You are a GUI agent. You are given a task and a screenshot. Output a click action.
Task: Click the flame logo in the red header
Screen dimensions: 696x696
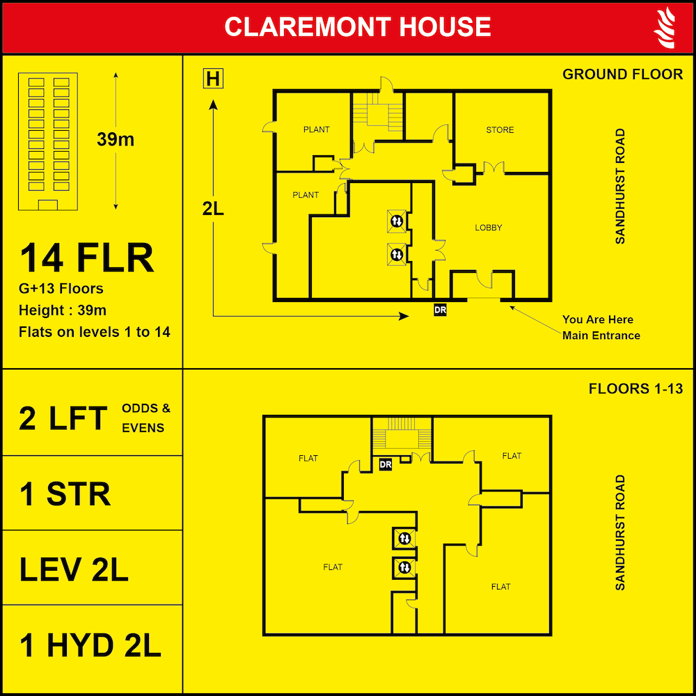point(665,27)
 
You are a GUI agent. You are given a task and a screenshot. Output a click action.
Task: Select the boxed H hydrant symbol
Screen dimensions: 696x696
point(212,79)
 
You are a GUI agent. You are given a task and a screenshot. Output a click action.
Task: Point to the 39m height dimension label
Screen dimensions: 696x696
point(116,139)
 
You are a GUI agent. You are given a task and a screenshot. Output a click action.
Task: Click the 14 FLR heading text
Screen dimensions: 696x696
point(87,258)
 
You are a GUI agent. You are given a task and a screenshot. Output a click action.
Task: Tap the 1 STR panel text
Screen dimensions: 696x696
point(65,493)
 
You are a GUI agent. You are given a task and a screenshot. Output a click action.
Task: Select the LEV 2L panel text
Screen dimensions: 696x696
point(74,569)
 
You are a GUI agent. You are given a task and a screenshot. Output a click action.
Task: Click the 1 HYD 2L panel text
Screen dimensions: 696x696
point(90,646)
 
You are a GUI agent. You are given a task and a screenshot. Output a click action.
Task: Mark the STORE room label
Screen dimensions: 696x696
point(500,130)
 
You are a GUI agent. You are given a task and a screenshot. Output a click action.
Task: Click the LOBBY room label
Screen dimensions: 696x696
point(488,228)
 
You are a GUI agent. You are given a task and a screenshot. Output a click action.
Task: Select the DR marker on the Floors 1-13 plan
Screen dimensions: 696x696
point(385,464)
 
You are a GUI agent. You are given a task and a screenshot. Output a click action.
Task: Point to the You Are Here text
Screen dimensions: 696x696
point(597,319)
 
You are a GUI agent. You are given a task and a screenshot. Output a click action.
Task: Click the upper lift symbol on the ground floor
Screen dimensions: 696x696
point(396,221)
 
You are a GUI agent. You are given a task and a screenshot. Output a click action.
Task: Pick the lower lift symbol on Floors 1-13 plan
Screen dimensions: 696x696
point(404,568)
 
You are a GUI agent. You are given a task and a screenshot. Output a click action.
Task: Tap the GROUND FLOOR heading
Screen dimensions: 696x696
point(622,74)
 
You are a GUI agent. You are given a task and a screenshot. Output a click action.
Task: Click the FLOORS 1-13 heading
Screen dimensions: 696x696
point(635,388)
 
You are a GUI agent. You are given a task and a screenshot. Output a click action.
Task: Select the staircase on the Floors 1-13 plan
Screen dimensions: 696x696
point(402,434)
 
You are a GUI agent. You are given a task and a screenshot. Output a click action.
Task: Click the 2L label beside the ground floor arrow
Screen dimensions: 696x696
point(213,209)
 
